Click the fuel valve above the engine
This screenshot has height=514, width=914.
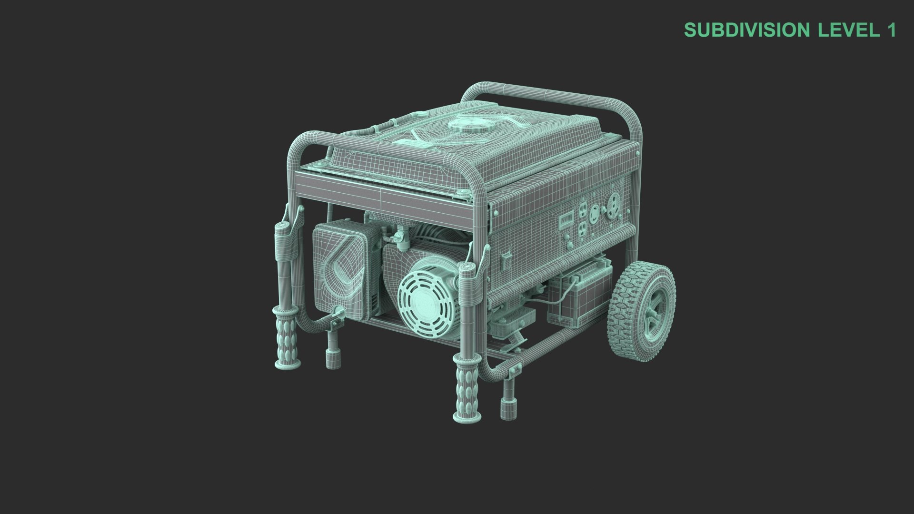pyautogui.click(x=399, y=235)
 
